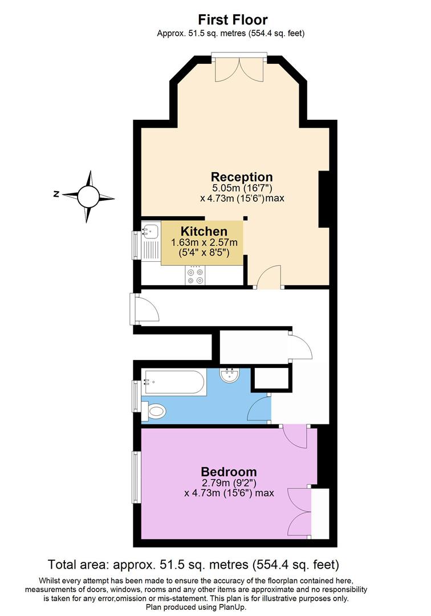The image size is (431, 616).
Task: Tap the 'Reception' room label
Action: pos(242,177)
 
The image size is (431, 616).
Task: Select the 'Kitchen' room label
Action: pos(204,232)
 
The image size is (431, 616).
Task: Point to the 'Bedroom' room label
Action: pos(229,472)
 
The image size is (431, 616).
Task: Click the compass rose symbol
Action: pos(88,196)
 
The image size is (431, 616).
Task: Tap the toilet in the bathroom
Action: pos(155,410)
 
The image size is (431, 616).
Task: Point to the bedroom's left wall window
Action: pos(136,477)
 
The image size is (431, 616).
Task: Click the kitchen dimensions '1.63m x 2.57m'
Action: pos(204,243)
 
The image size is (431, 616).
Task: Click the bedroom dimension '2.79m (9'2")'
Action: pos(229,483)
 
